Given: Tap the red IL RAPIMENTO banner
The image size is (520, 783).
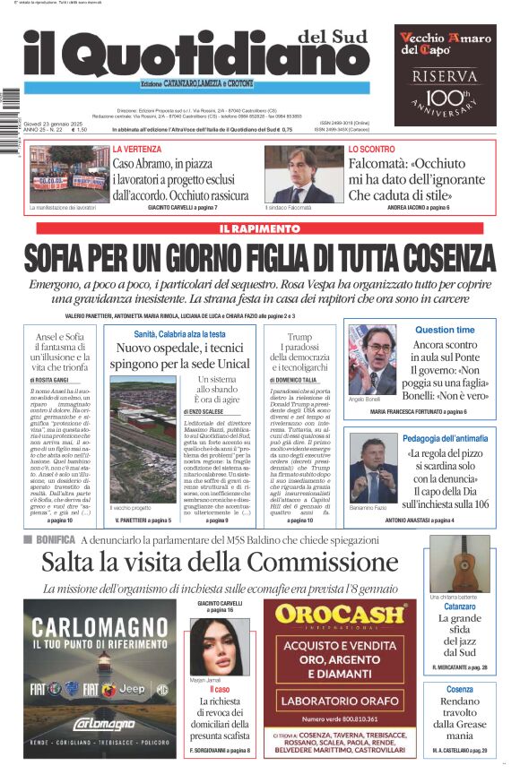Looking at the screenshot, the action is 260,229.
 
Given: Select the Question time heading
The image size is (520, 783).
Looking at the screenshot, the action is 445,330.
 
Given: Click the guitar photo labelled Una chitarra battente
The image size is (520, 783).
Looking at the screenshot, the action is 459,564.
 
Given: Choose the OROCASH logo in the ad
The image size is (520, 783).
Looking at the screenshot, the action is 340,615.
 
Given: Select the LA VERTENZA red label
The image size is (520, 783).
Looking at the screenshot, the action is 137,149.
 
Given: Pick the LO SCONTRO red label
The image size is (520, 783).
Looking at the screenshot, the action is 371,149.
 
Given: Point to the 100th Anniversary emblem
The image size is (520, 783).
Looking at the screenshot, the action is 446,99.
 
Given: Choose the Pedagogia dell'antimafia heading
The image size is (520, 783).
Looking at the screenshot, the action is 446,439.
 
